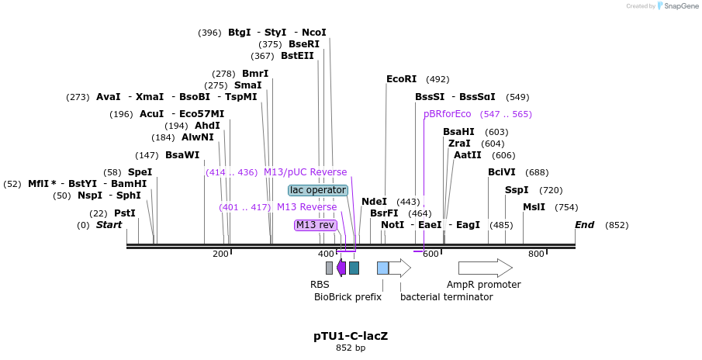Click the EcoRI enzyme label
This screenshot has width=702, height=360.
[401, 79]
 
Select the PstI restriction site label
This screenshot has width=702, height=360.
[124, 213]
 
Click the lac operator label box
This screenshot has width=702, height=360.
[318, 190]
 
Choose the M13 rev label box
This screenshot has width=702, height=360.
[316, 225]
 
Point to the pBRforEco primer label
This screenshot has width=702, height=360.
[447, 114]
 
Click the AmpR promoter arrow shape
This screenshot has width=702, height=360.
[485, 268]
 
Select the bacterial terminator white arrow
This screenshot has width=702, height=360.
[399, 268]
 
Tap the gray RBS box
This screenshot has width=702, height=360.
[329, 268]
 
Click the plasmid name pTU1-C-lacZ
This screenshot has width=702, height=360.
[351, 336]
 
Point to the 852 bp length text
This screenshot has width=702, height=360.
[351, 348]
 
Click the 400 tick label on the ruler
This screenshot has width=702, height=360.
[326, 254]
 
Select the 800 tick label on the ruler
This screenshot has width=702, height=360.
[536, 254]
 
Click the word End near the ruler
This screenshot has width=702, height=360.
[584, 225]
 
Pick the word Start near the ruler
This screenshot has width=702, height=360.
[109, 225]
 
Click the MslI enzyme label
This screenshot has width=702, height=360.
[534, 207]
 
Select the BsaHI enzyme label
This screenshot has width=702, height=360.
[458, 132]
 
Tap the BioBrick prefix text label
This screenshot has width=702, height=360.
[348, 297]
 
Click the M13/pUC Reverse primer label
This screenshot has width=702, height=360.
[305, 172]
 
